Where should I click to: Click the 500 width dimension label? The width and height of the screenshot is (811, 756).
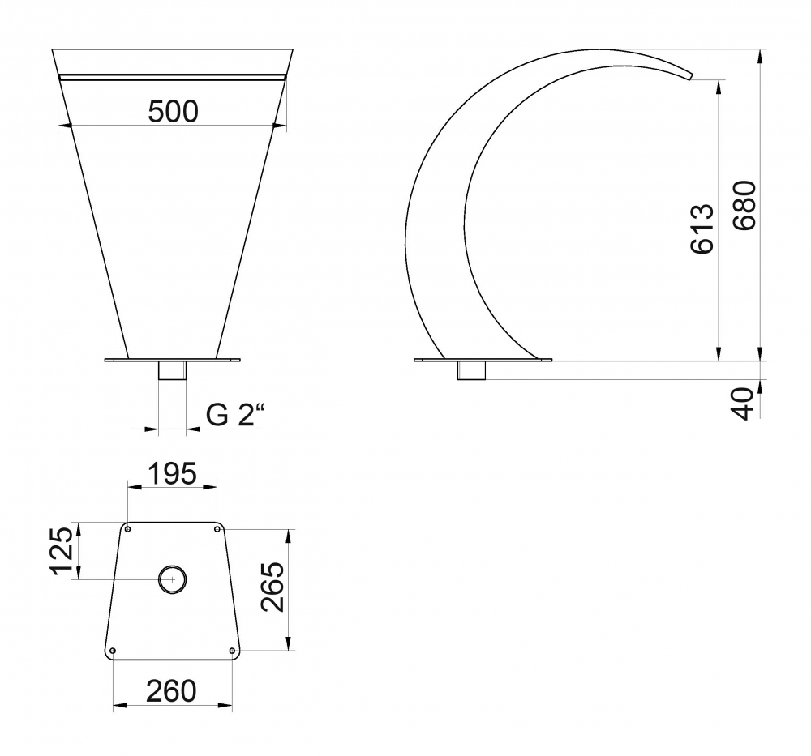point(173,112)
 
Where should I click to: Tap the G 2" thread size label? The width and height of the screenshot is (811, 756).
point(235,414)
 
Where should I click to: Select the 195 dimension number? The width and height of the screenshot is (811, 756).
point(172,473)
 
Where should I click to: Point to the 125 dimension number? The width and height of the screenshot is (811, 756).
point(63,550)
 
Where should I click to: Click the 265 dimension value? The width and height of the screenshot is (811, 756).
point(272,587)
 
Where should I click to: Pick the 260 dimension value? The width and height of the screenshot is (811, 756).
point(171,691)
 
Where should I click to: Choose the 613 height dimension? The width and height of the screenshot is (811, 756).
point(702,229)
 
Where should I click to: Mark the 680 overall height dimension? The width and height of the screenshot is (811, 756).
point(744,205)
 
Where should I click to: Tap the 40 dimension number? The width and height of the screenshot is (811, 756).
point(744,403)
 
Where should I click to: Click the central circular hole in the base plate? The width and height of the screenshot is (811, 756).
point(172,580)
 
